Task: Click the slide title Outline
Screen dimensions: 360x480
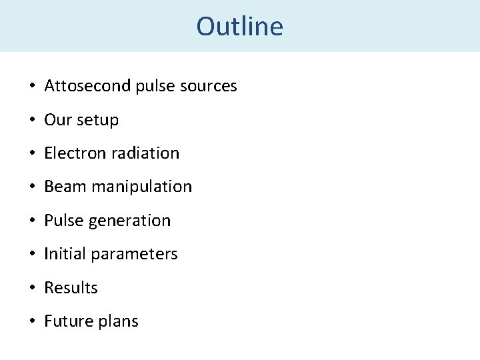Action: (239, 27)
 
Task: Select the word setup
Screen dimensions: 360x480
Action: (97, 120)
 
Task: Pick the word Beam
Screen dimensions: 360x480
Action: (65, 187)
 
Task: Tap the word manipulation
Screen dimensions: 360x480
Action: (141, 187)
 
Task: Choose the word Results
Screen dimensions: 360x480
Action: (71, 288)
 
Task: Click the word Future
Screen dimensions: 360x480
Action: (67, 321)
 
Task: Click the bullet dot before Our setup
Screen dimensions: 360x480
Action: (32, 121)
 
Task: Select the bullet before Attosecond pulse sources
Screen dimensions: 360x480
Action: (32, 87)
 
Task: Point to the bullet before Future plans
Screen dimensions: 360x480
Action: (32, 322)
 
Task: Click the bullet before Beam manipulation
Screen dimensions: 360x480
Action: (32, 187)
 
